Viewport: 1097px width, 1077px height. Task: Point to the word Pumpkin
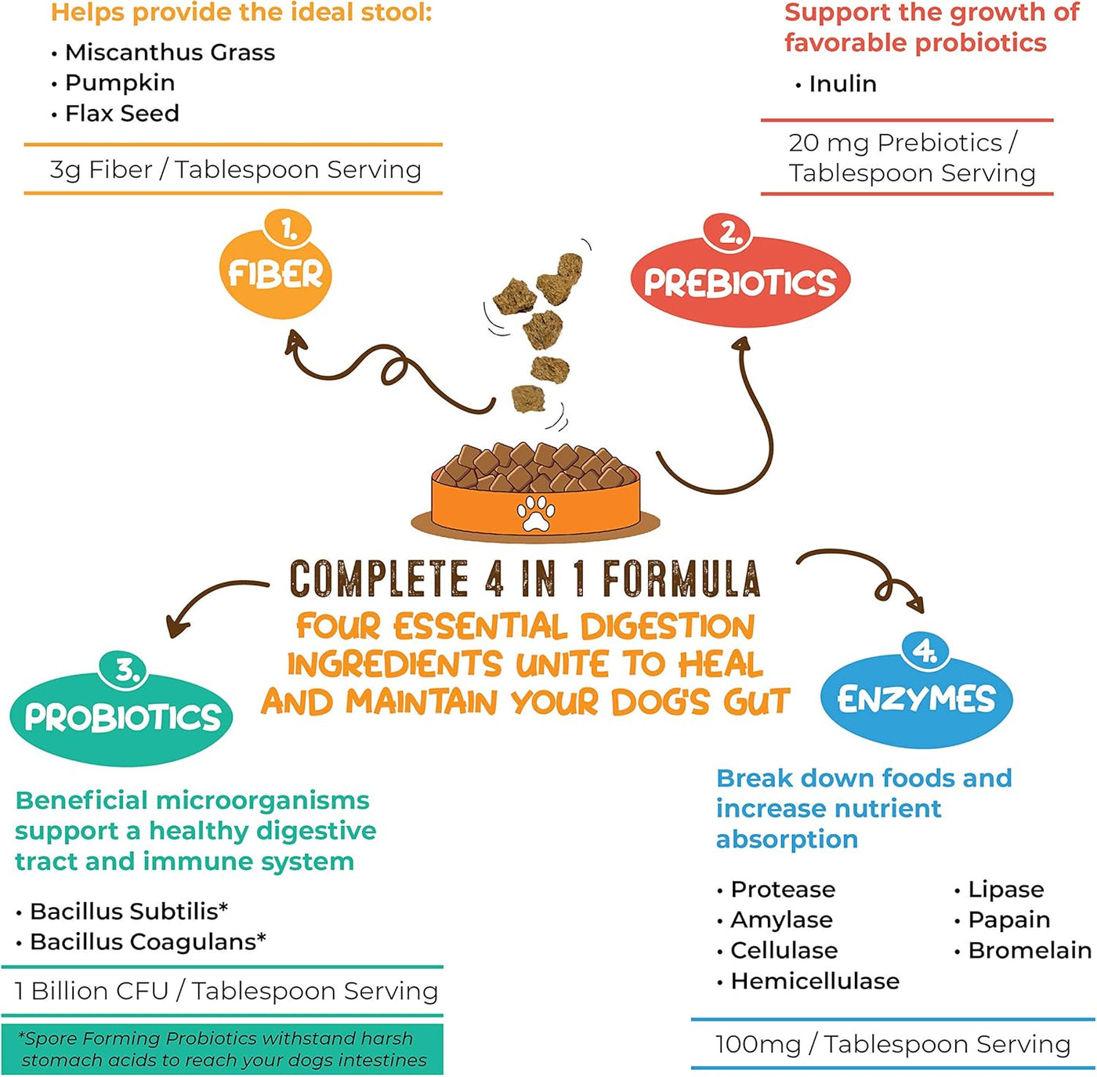click(x=120, y=82)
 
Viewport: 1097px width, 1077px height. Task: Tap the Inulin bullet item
click(x=842, y=84)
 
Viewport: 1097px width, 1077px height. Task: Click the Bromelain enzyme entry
click(x=1029, y=950)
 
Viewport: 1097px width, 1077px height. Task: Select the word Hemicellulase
click(x=815, y=981)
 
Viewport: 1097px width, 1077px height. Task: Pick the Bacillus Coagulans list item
click(x=147, y=941)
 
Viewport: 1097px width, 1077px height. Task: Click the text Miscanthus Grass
click(x=170, y=53)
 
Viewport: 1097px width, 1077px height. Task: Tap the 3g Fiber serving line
click(x=235, y=169)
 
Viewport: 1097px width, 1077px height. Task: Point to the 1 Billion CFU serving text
click(x=226, y=991)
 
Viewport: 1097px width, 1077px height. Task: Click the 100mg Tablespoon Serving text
click(x=892, y=1044)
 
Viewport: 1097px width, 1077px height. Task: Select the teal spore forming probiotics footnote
click(x=223, y=1050)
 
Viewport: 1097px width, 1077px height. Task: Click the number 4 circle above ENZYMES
click(x=925, y=651)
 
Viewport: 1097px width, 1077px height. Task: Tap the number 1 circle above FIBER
click(x=288, y=229)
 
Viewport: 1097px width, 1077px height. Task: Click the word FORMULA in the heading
click(x=681, y=579)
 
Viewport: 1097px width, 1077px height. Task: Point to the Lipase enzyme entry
click(x=1005, y=889)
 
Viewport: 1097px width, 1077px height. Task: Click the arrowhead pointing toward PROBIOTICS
click(x=177, y=627)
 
